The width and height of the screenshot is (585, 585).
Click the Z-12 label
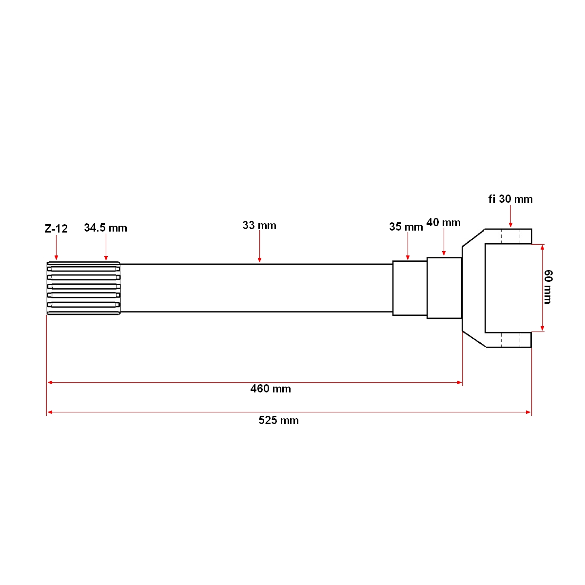56,228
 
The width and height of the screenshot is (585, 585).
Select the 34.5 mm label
105,228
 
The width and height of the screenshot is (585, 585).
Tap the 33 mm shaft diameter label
259,225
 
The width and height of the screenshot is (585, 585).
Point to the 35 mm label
406,227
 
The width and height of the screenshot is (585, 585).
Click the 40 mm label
443,223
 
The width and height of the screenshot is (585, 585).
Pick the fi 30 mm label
510,199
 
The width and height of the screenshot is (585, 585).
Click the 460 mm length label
271,389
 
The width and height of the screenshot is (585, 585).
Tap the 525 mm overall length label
278,420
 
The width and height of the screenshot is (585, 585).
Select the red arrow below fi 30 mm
510,216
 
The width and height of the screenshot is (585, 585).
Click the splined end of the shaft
83,288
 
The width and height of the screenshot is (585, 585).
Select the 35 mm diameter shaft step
409,288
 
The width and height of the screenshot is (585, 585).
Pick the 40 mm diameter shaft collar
444,288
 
